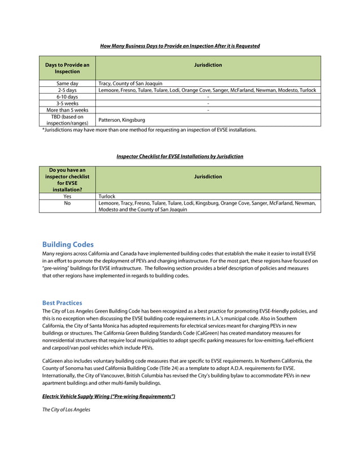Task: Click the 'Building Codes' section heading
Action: click(x=68, y=244)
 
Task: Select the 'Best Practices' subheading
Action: click(x=62, y=303)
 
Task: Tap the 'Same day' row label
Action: click(x=67, y=83)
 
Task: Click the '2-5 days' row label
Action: click(x=67, y=90)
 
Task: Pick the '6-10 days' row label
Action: click(x=67, y=96)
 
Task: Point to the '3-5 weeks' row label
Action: click(x=67, y=103)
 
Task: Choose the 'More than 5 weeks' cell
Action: click(x=67, y=110)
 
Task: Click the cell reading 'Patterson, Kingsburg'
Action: click(x=121, y=120)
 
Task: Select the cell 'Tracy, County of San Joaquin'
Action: click(x=130, y=83)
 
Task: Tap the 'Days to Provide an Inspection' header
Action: click(x=67, y=68)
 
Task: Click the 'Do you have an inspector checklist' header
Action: click(x=67, y=179)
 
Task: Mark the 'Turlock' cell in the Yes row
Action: click(x=107, y=196)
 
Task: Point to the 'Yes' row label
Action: click(x=67, y=196)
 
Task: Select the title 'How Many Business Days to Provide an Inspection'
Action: click(x=180, y=46)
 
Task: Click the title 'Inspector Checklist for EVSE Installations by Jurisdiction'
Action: click(x=180, y=156)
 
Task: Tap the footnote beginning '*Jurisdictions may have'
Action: click(x=150, y=130)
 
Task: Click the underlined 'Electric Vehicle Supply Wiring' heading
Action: click(x=109, y=397)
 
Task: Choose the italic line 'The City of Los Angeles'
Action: click(x=66, y=410)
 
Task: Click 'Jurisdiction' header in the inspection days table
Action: click(x=208, y=65)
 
